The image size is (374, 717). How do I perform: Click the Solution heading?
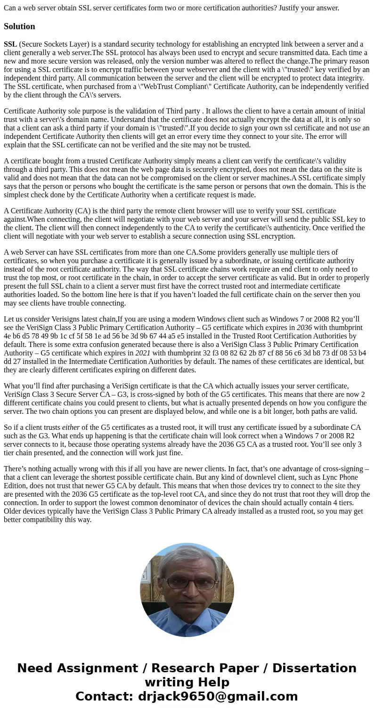[19, 26]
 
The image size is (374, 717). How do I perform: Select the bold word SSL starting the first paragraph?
[10, 44]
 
